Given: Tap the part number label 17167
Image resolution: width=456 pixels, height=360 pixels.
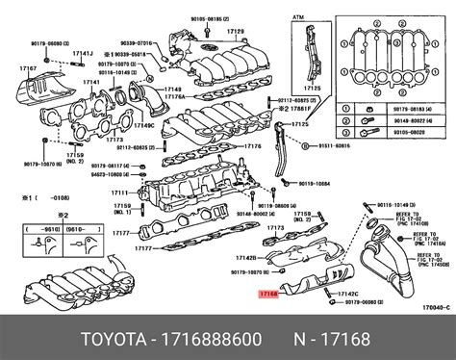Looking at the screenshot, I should [15, 68].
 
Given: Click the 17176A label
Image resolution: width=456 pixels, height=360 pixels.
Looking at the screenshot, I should [175, 98].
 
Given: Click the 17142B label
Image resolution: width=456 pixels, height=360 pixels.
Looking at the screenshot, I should [245, 259].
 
